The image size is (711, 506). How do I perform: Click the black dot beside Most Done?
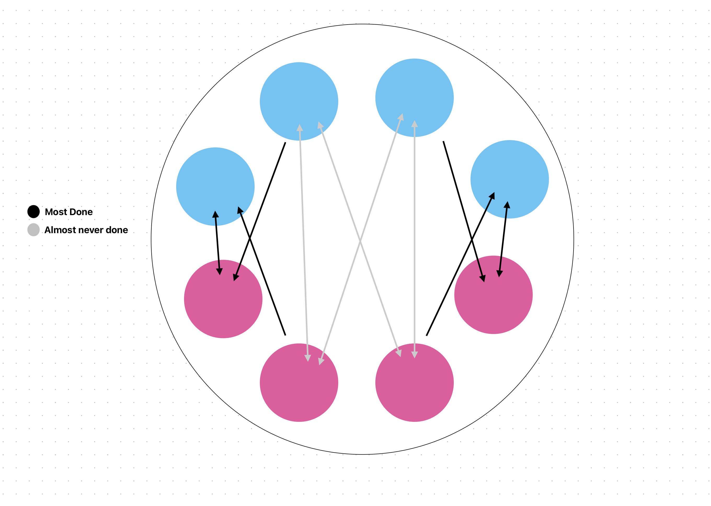click(x=33, y=211)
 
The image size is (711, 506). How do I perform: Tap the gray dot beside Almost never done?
click(x=33, y=230)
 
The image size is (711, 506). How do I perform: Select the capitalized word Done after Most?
click(x=81, y=212)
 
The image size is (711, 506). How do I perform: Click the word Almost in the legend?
click(x=59, y=230)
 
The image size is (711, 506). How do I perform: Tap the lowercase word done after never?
click(x=117, y=230)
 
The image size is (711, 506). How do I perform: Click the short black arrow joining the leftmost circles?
click(x=217, y=243)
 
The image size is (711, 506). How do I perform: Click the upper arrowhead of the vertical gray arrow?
click(x=414, y=124)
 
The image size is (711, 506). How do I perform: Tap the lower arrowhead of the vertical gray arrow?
click(x=414, y=355)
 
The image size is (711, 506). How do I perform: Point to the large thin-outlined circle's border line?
click(x=362, y=24)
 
